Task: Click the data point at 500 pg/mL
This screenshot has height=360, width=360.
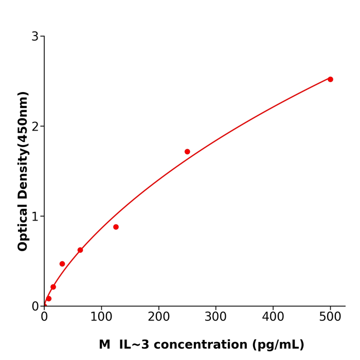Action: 330,79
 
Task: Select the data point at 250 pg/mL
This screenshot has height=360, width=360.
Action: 187,152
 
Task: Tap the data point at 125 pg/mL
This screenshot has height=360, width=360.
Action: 116,227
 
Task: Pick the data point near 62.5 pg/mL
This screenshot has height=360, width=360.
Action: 80,250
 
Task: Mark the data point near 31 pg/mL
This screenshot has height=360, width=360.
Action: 62,264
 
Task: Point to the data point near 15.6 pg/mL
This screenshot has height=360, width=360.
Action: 53,287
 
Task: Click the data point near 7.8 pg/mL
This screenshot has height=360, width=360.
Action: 49,299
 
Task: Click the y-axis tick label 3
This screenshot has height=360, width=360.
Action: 35,37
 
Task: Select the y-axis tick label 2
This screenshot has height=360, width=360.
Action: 35,127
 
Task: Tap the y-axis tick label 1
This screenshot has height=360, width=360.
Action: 35,217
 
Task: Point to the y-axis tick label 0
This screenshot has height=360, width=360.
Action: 35,307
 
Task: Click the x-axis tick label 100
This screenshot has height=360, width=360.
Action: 101,317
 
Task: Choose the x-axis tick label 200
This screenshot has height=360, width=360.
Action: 158,317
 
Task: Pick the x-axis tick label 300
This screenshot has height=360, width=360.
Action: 215,317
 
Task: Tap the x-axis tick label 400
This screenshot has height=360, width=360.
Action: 273,317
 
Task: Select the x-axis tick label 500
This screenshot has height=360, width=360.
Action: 330,317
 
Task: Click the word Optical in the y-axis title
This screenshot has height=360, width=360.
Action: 23,227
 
